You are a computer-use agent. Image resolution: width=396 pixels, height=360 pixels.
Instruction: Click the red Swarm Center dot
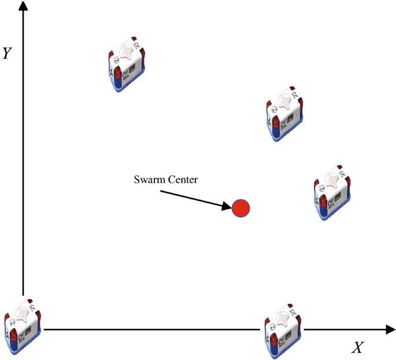(241, 208)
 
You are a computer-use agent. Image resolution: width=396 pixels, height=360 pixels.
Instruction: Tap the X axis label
(358, 347)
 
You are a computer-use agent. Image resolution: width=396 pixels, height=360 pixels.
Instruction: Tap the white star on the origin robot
(23, 313)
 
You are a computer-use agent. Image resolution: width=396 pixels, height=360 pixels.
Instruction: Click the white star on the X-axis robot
(283, 318)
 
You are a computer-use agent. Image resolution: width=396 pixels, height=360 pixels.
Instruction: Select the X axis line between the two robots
(150, 330)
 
